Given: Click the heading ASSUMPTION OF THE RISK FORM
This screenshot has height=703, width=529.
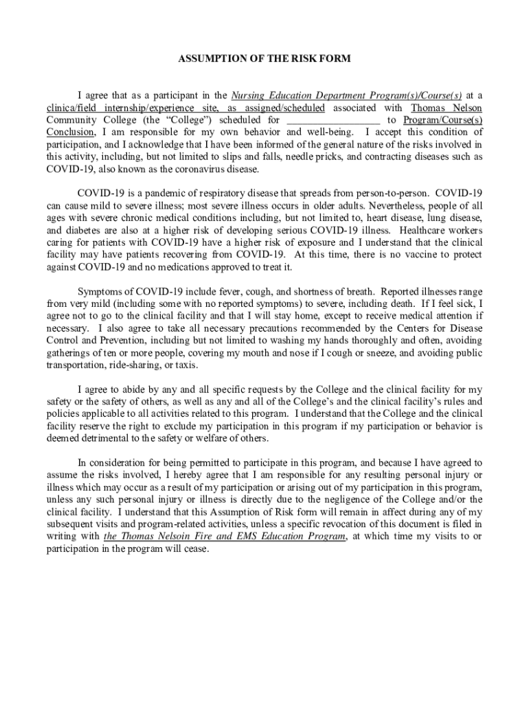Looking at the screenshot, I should click(x=264, y=59).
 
